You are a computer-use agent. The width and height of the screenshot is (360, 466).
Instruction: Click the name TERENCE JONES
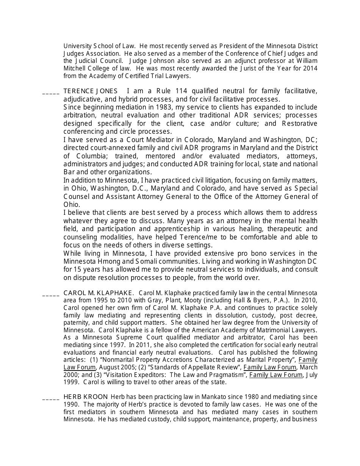85,91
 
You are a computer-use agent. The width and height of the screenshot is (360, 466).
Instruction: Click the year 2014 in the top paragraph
310,69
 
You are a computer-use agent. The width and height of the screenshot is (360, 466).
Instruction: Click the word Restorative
299,124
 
